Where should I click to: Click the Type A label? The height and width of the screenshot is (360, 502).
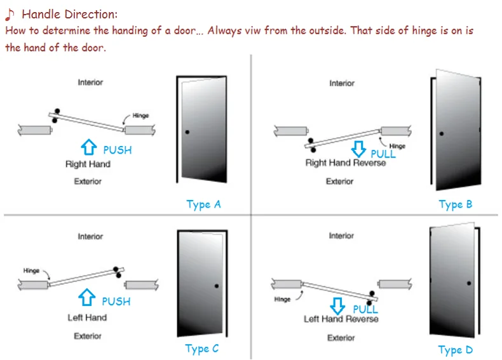203,204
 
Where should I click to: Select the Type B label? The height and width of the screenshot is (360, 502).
455,204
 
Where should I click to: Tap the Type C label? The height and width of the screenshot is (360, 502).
202,349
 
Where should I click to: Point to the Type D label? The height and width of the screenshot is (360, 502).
455,350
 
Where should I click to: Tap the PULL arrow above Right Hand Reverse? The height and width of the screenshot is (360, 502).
359,150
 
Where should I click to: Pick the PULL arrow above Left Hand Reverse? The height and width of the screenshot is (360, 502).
337,307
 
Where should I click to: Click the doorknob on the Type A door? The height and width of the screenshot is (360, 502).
187,132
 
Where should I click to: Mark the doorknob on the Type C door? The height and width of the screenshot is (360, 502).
217,286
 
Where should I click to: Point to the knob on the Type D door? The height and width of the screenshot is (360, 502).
469,283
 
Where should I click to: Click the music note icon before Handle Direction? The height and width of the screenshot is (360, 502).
10,14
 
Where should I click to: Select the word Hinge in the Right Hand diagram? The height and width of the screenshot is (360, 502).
140,116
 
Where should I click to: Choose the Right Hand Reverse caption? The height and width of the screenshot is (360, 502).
345,163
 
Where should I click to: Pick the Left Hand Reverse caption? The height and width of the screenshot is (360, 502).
341,319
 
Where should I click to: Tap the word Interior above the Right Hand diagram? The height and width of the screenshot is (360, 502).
90,83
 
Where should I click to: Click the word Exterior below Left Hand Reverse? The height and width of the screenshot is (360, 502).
341,338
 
